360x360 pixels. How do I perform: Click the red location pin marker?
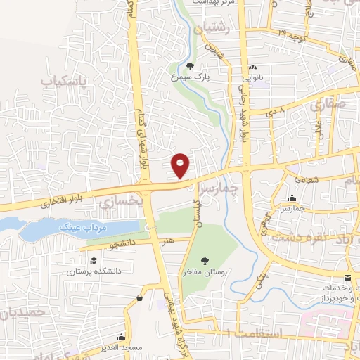tap(181, 165)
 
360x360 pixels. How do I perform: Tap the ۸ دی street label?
tap(276, 111)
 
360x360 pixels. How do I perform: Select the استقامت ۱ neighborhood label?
tap(262, 333)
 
